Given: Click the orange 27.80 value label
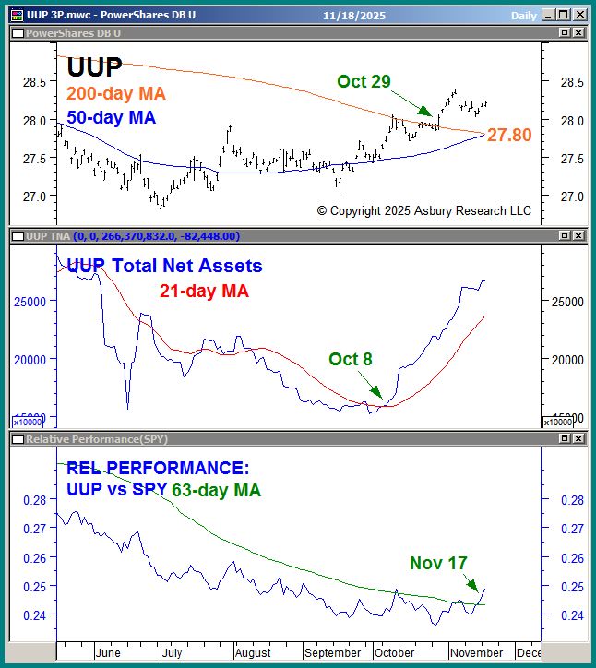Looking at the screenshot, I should point(509,136).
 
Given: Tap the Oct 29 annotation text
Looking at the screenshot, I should point(364,81).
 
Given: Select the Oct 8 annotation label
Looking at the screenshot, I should point(351,359).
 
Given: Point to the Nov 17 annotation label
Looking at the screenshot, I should point(438,563).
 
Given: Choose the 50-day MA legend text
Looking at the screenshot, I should point(111,118).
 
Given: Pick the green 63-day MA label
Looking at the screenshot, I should point(216,490).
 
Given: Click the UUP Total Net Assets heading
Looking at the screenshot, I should point(164,267).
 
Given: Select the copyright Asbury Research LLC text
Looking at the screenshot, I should point(423,210).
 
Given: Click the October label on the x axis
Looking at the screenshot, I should point(395,652).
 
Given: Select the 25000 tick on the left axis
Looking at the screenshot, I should point(30,301).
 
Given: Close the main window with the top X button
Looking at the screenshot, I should point(580,15).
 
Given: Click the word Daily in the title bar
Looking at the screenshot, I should point(524,16).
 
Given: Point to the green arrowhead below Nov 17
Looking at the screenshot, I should point(474,587).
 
